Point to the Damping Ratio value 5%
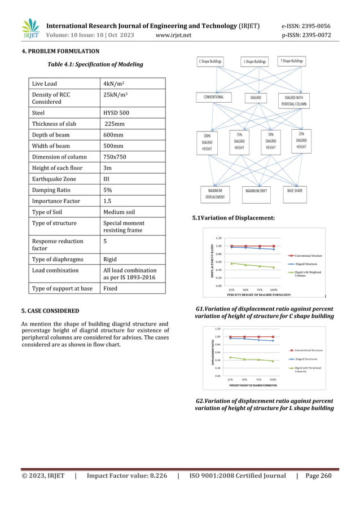[x=107, y=190]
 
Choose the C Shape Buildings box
[x=210, y=61]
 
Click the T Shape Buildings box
[x=291, y=61]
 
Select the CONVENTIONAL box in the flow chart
[x=210, y=97]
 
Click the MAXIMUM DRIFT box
[x=260, y=191]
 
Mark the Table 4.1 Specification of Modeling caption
[x=95, y=64]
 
